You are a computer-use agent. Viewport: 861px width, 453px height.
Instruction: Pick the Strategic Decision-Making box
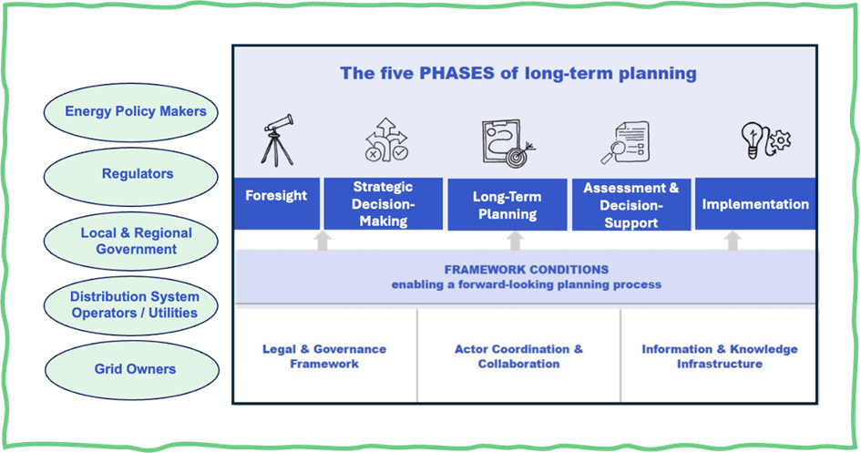pos(384,203)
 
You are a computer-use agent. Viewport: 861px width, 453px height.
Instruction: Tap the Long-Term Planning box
pos(507,204)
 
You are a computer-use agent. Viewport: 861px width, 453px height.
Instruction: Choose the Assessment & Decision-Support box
pos(630,204)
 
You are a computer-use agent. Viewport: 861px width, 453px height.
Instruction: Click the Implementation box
pos(755,203)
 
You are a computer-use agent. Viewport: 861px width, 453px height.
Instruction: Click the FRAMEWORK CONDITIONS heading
pos(526,270)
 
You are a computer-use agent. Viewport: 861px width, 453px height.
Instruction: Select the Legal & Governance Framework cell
pos(324,356)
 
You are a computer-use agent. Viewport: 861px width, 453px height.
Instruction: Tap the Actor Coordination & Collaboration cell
pos(518,356)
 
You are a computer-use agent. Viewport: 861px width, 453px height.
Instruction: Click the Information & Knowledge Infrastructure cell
pos(719,356)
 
